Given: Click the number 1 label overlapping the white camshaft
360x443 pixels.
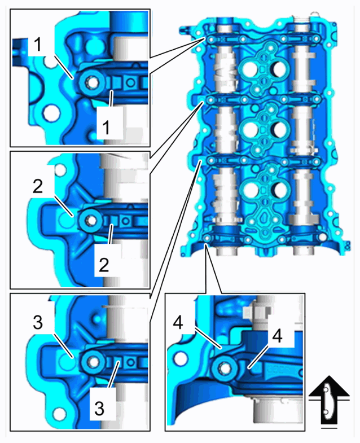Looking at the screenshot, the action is [x=106, y=128].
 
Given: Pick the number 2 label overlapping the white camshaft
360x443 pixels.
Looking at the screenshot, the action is [x=104, y=265].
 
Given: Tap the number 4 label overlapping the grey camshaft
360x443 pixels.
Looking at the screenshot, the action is [x=277, y=336].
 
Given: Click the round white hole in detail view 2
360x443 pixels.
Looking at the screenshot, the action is [x=60, y=170].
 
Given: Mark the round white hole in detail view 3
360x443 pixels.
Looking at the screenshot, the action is [x=59, y=414].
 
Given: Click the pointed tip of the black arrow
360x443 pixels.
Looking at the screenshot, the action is [x=328, y=376].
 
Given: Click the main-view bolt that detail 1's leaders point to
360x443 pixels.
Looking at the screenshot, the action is [x=210, y=41].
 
